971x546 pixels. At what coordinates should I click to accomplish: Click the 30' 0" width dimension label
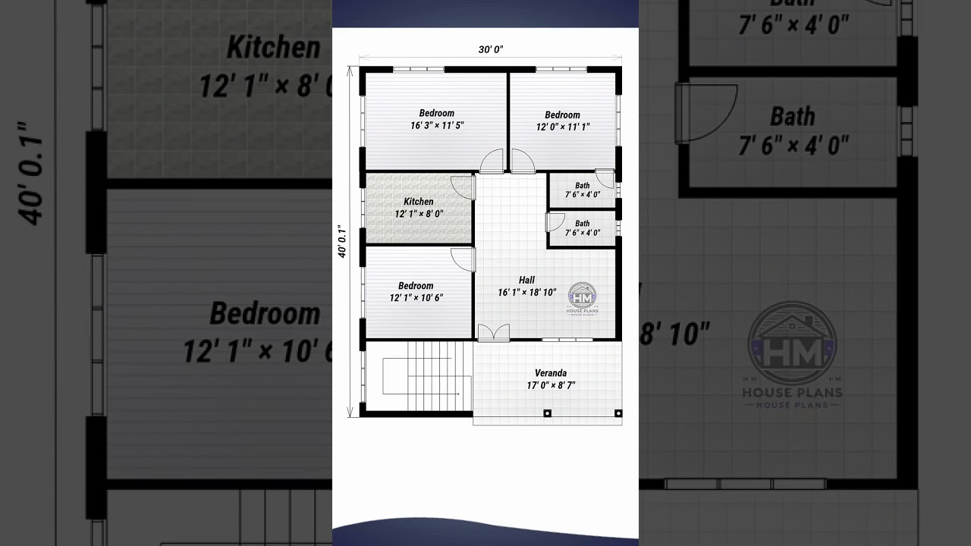(491, 49)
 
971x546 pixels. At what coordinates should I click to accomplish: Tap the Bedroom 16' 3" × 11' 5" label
(436, 120)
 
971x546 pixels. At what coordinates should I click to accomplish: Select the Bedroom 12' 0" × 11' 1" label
(562, 121)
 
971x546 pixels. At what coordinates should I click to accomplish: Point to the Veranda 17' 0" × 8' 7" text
(551, 379)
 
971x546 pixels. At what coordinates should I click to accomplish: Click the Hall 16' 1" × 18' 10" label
(526, 286)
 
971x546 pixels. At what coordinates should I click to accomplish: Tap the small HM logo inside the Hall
(583, 297)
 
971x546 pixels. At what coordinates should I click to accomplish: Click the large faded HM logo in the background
(792, 345)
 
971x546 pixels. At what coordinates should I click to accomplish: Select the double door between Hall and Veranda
(493, 332)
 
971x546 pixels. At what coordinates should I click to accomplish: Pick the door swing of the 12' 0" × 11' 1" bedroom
(522, 160)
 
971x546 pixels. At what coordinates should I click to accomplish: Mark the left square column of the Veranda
(547, 413)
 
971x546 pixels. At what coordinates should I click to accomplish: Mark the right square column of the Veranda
(618, 413)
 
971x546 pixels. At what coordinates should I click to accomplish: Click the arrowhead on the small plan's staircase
(457, 394)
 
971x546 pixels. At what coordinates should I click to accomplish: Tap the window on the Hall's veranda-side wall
(567, 340)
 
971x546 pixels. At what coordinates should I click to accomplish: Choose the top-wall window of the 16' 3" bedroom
(418, 70)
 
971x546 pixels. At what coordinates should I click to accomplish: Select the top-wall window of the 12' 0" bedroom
(561, 70)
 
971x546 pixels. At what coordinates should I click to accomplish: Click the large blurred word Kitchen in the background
(273, 48)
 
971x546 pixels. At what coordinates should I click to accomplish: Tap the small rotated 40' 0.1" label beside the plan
(342, 242)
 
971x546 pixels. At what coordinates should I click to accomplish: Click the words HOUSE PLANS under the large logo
(792, 393)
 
